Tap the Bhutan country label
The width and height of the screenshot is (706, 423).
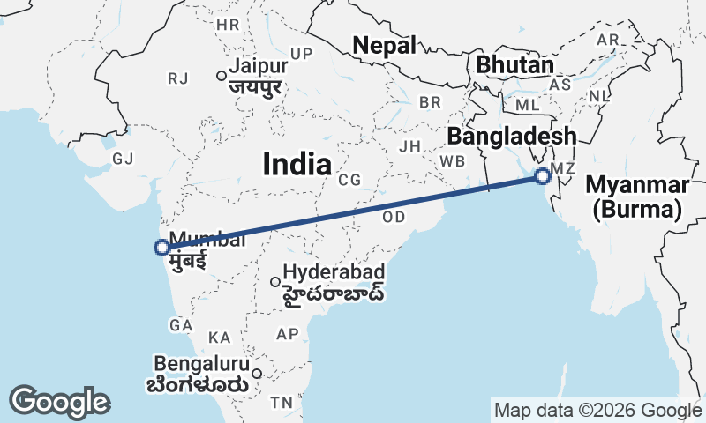(x=514, y=64)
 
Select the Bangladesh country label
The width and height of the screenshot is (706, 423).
(x=511, y=137)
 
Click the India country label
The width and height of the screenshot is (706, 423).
(x=297, y=164)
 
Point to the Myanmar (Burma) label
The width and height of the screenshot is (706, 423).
(x=636, y=197)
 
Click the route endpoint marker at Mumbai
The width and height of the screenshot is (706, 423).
(x=161, y=248)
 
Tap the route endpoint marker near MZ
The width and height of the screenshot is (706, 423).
(x=543, y=176)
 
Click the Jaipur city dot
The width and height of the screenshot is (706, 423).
(x=222, y=76)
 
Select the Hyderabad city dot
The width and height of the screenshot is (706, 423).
(x=274, y=282)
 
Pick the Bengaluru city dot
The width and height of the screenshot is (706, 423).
(x=257, y=373)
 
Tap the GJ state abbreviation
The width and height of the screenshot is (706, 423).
(x=123, y=159)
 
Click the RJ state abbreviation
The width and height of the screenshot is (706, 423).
(x=177, y=79)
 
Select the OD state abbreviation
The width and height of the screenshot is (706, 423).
(x=394, y=217)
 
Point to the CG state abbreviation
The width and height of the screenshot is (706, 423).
(x=349, y=180)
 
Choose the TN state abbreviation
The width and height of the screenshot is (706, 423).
(x=282, y=403)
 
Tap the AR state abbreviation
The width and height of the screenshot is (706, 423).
(x=608, y=41)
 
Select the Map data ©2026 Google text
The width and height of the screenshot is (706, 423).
(x=597, y=410)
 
